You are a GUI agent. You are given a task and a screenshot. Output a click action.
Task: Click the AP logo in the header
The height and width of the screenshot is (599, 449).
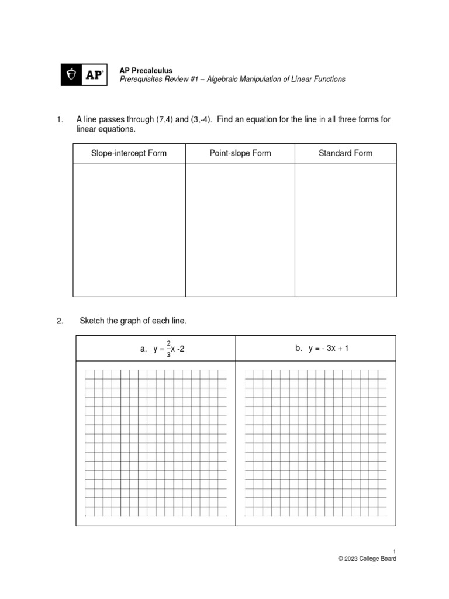pyautogui.click(x=84, y=75)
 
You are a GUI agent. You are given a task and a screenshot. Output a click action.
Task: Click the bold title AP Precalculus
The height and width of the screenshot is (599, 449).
pyautogui.click(x=146, y=70)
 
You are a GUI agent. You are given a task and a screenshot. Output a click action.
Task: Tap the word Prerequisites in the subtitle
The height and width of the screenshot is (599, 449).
pyautogui.click(x=141, y=79)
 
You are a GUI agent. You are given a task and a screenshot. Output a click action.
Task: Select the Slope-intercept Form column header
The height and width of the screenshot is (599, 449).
pyautogui.click(x=129, y=153)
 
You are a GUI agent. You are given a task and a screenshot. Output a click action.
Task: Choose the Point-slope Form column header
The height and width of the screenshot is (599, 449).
pyautogui.click(x=240, y=153)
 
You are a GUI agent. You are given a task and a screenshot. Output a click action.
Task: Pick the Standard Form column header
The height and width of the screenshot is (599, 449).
pyautogui.click(x=345, y=153)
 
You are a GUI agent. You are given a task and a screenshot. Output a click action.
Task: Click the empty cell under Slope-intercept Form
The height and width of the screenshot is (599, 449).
pyautogui.click(x=129, y=229)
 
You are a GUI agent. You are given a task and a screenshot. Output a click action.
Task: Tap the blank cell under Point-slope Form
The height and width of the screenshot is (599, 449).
pyautogui.click(x=240, y=229)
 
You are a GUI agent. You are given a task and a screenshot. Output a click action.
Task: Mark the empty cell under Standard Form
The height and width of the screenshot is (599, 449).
pyautogui.click(x=345, y=229)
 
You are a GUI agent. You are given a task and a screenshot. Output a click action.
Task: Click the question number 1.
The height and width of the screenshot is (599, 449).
pyautogui.click(x=59, y=119)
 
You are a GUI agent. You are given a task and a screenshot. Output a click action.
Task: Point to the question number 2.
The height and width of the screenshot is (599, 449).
pyautogui.click(x=59, y=321)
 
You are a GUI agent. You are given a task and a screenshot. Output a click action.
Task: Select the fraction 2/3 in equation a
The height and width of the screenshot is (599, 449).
pyautogui.click(x=168, y=349)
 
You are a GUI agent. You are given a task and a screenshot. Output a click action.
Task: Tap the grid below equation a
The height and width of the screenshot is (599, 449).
pyautogui.click(x=156, y=443)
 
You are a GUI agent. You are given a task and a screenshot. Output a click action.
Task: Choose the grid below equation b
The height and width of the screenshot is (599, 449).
pyautogui.click(x=316, y=443)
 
